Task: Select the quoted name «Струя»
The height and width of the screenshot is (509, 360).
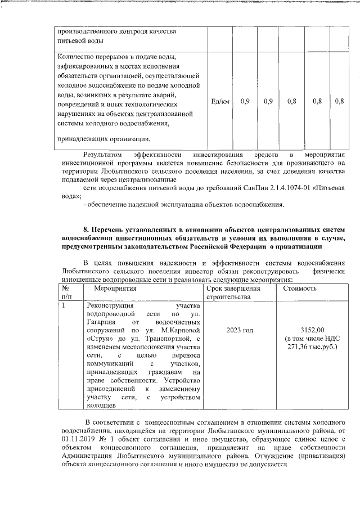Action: tap(99, 340)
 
